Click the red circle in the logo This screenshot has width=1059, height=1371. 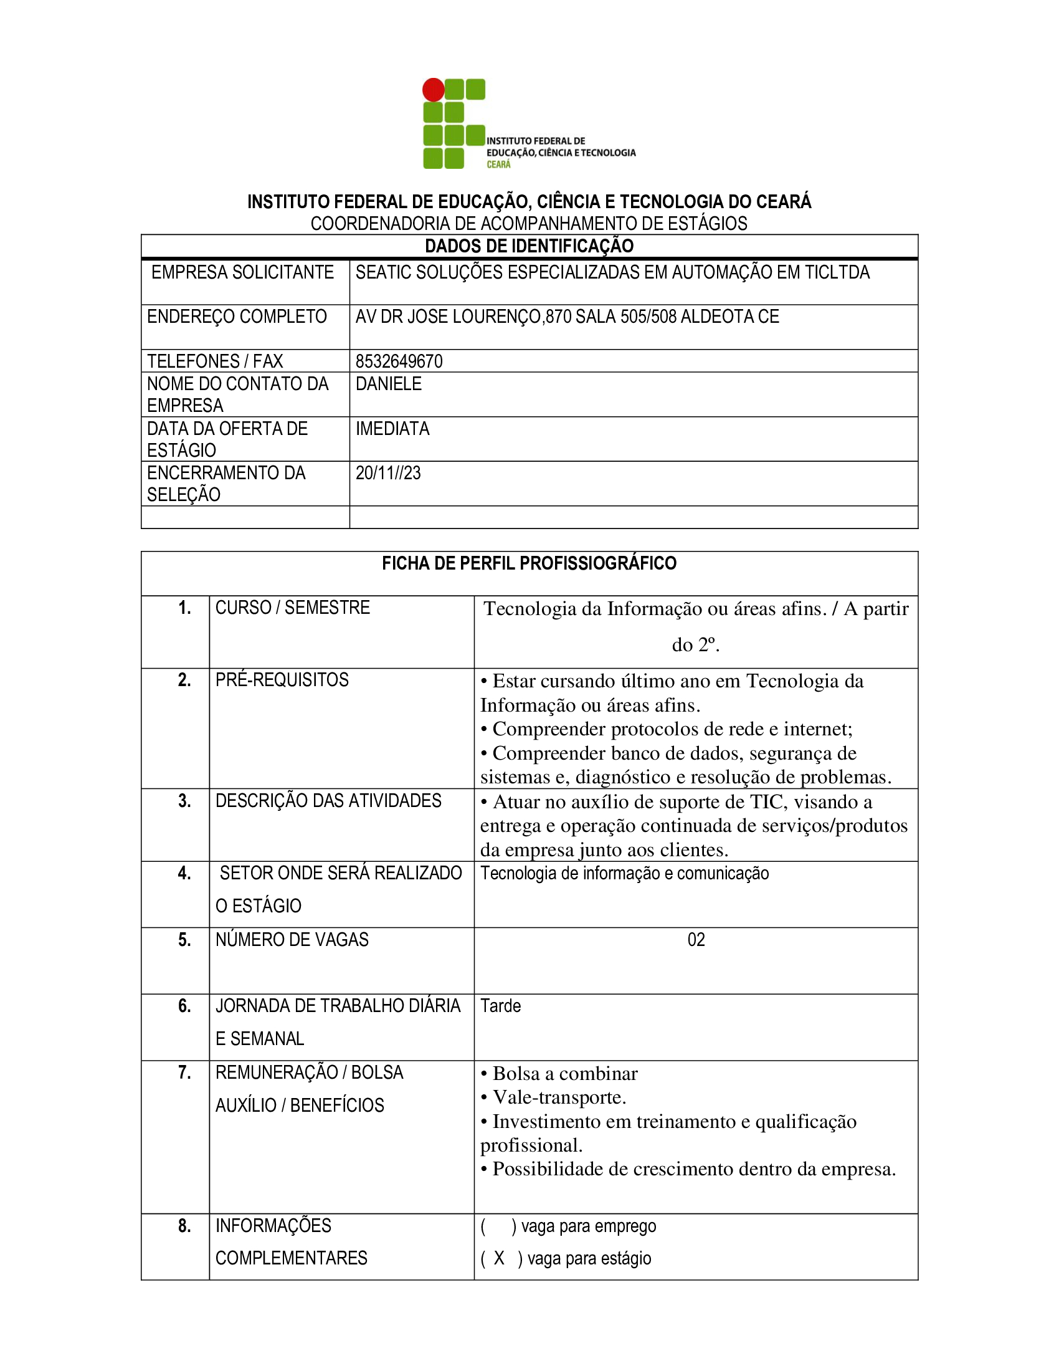pos(433,90)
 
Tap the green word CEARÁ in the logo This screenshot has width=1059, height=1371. pos(499,165)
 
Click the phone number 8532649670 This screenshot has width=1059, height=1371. pos(399,361)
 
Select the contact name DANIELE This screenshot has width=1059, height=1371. pos(388,383)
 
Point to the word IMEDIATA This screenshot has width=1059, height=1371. pos(392,429)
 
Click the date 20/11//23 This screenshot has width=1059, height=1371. pos(387,474)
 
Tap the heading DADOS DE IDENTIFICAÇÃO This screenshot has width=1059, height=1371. pos(529,246)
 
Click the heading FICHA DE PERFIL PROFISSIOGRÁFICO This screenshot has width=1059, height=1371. pos(529,563)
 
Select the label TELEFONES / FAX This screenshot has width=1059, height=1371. pos(214,361)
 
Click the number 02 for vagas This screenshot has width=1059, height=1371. pos(696,940)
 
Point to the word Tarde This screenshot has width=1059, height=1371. pos(500,1006)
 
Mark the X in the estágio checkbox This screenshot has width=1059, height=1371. pos(499,1258)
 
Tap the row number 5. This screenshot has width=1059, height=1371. pos(184,940)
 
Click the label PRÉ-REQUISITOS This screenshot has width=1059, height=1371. pos(282,680)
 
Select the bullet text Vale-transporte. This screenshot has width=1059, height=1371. pos(559,1097)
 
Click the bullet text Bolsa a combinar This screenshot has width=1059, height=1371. pos(564,1074)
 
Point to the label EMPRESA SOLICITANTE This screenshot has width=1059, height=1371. pos(242,272)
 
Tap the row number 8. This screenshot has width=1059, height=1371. pos(184,1226)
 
